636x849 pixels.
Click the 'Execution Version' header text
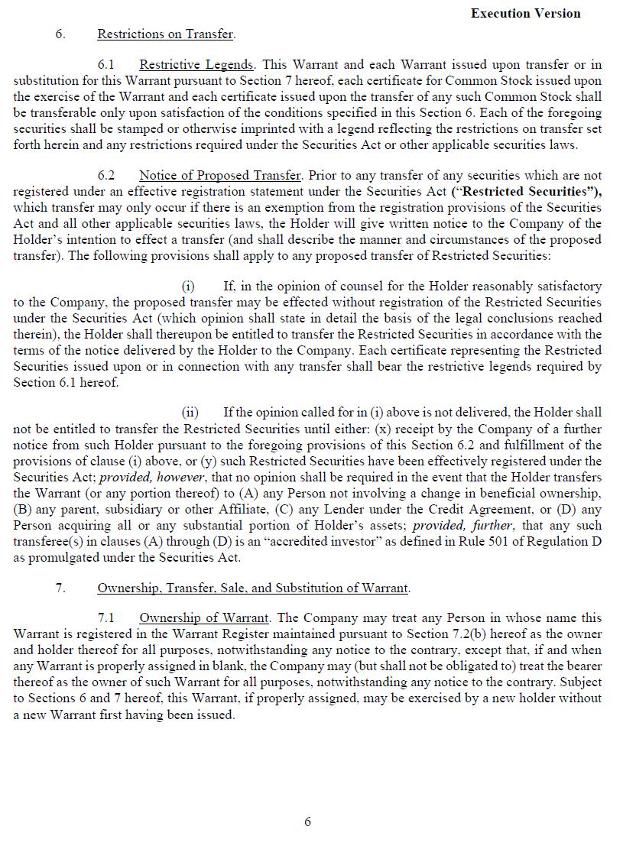[x=525, y=13]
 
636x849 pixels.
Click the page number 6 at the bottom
[x=308, y=821]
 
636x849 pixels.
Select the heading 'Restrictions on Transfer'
[x=165, y=34]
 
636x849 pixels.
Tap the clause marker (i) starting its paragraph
[x=188, y=287]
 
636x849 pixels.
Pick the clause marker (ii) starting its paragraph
[x=190, y=413]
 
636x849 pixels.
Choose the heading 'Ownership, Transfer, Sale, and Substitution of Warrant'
[x=253, y=588]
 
